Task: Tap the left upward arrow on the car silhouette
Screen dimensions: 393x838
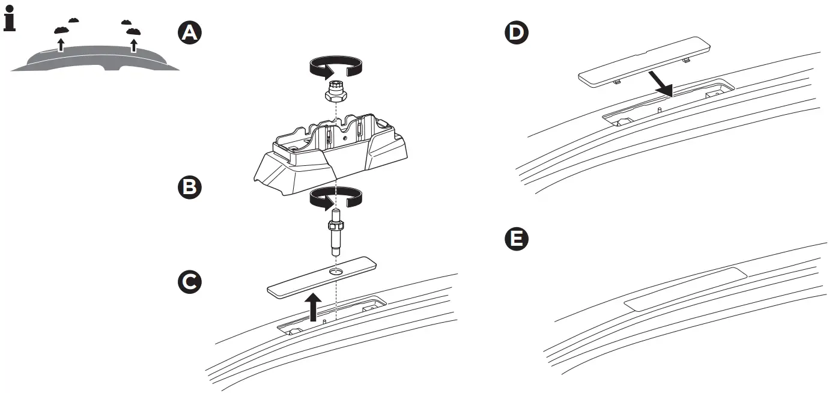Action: (60, 44)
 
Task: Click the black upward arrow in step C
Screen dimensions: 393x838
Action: (312, 306)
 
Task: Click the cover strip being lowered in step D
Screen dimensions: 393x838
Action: (643, 62)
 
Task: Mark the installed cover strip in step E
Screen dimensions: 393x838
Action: (685, 288)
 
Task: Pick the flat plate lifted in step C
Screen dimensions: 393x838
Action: (321, 276)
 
